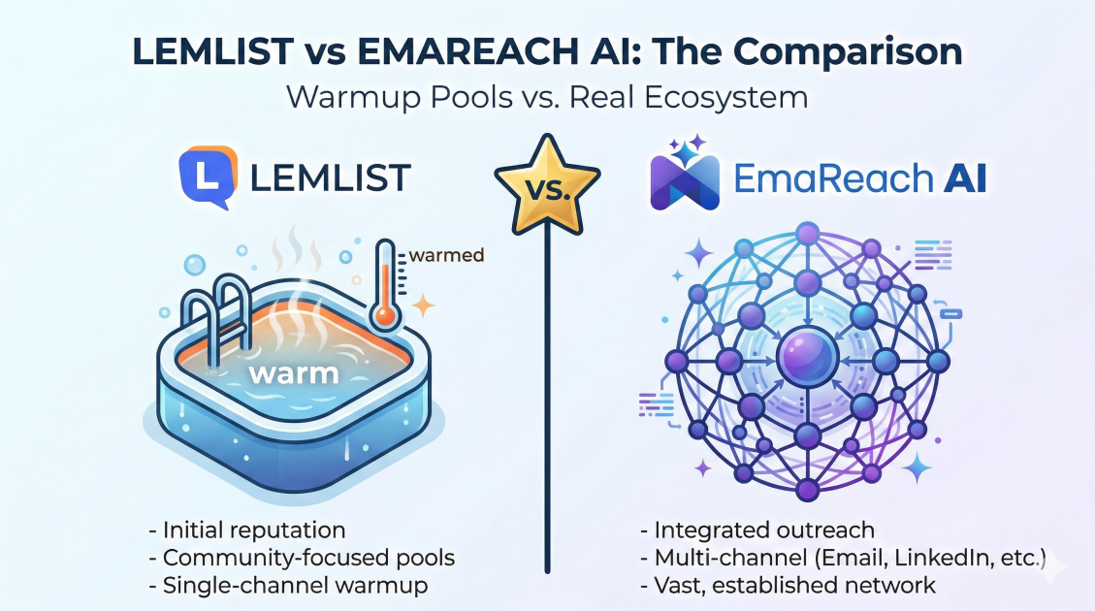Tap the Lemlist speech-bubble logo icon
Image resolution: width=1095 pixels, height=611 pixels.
[x=208, y=177]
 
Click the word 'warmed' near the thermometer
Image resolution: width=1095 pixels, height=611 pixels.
[x=446, y=256]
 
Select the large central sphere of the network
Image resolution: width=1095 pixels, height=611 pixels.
[x=807, y=360]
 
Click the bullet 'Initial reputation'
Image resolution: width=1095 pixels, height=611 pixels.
[x=253, y=531]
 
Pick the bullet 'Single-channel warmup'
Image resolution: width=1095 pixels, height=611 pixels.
[x=296, y=586]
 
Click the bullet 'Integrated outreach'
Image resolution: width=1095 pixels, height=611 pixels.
[x=763, y=531]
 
